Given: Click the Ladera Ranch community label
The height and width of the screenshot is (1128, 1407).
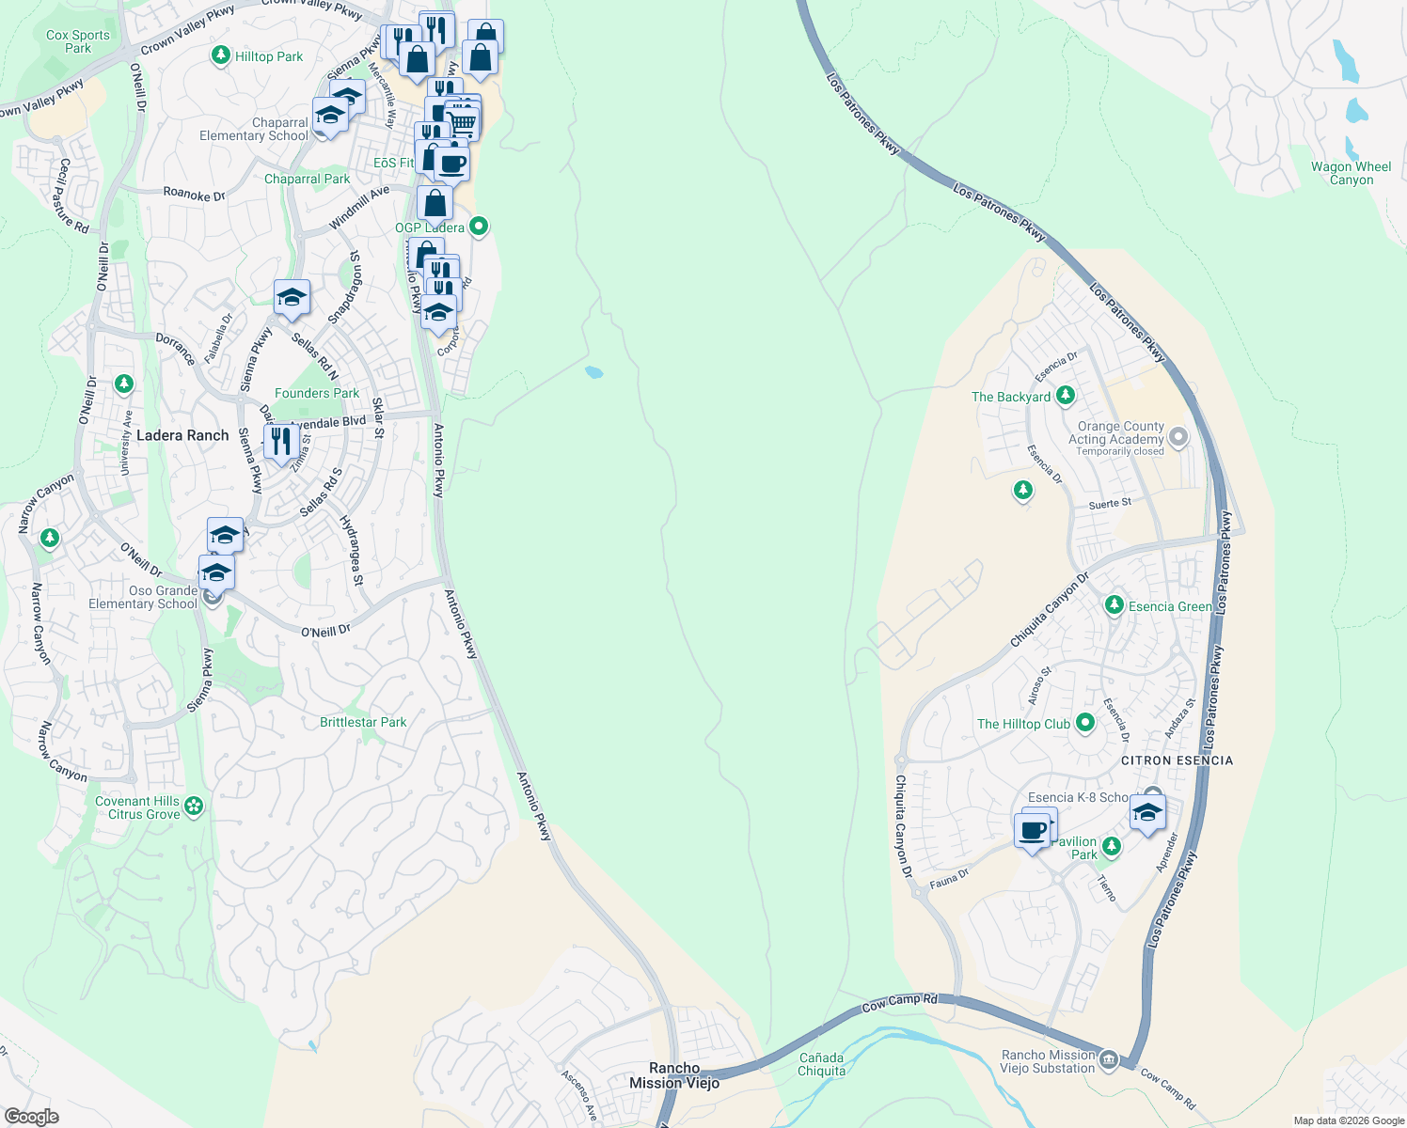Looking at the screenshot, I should pyautogui.click(x=182, y=435).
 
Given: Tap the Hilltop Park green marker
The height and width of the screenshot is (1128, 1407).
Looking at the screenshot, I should pyautogui.click(x=220, y=56).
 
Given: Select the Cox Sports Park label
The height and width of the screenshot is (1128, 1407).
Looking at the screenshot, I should pyautogui.click(x=78, y=41).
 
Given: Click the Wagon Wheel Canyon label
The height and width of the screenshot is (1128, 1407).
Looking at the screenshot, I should pyautogui.click(x=1351, y=173).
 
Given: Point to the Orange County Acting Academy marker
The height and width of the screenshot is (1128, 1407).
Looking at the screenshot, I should pyautogui.click(x=1178, y=437).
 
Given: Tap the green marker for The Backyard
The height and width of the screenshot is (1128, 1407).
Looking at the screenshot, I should pyautogui.click(x=1065, y=396).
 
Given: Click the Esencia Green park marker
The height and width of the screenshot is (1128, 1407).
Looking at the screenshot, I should pyautogui.click(x=1115, y=605).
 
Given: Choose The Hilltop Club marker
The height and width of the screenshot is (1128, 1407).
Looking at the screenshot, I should pyautogui.click(x=1085, y=723).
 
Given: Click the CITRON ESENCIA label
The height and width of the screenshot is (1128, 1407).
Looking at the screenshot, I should pyautogui.click(x=1177, y=760).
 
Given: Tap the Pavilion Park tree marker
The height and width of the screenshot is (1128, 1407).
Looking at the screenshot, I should pyautogui.click(x=1111, y=846).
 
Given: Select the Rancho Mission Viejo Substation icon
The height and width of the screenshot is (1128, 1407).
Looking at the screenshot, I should pyautogui.click(x=1109, y=1060).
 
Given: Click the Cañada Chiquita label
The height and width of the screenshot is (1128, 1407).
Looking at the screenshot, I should pyautogui.click(x=822, y=1064).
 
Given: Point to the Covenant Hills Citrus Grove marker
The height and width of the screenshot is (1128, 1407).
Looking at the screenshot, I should pyautogui.click(x=194, y=807).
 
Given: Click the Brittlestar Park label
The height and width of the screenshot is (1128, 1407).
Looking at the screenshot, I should pyautogui.click(x=363, y=722).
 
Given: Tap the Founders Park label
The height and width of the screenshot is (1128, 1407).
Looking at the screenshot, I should pyautogui.click(x=317, y=393).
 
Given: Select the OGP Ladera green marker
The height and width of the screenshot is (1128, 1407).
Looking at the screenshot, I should pyautogui.click(x=479, y=226).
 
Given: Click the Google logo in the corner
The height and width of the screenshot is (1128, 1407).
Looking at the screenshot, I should pyautogui.click(x=32, y=1116).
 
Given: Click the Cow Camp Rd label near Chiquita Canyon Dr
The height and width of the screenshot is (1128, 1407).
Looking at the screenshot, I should pyautogui.click(x=899, y=1002).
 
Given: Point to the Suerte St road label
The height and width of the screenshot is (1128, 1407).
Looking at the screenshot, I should pyautogui.click(x=1110, y=504).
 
